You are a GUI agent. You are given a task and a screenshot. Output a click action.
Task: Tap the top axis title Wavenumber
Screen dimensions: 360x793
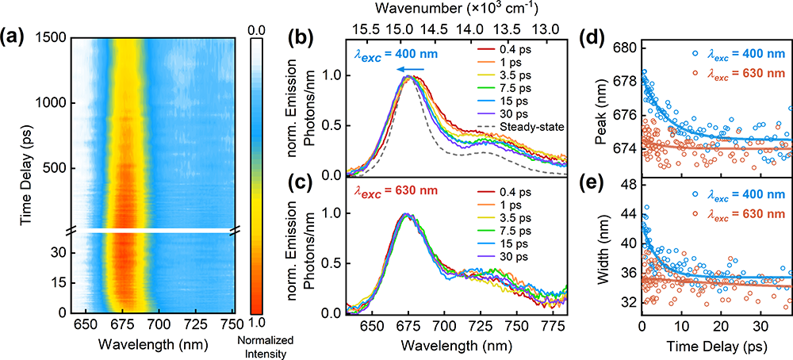tap(458, 9)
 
